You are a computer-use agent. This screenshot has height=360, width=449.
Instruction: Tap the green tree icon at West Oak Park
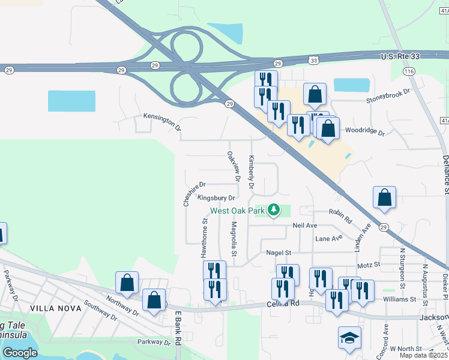tap(274, 209)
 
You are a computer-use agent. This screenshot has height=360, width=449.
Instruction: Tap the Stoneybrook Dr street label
tap(388, 96)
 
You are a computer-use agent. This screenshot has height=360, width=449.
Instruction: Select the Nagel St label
tap(278, 253)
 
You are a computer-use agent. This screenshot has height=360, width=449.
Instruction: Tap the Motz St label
tap(369, 264)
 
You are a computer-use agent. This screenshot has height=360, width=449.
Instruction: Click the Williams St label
tap(399, 299)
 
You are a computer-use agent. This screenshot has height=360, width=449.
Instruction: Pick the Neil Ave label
tap(304, 225)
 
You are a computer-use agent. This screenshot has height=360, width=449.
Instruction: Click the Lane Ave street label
tap(329, 238)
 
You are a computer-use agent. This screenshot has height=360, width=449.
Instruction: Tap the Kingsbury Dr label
tap(216, 197)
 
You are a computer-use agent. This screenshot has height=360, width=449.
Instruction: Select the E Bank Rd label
tap(178, 336)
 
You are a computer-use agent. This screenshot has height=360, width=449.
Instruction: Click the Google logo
tap(20, 353)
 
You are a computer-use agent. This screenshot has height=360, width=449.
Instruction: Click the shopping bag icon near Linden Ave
tap(384, 198)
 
